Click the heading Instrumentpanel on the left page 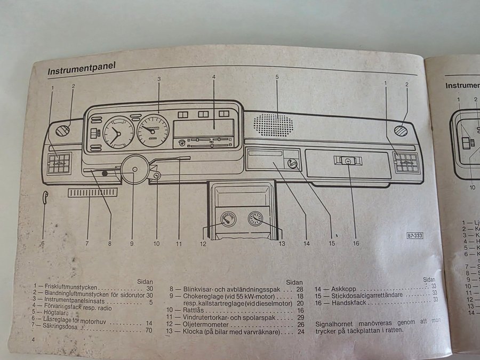click(x=82, y=69)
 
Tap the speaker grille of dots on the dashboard click(x=273, y=124)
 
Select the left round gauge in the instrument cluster click(x=118, y=132)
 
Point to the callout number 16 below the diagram click(x=356, y=243)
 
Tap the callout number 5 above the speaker click(x=277, y=77)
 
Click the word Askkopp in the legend click(x=343, y=289)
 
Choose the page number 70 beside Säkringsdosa click(x=149, y=331)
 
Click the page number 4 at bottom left click(x=33, y=339)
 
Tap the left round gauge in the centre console click(x=228, y=218)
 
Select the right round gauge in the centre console click(x=255, y=219)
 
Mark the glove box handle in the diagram click(x=347, y=160)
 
